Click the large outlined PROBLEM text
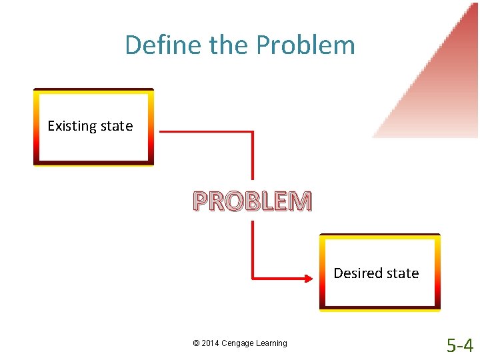tap(252, 201)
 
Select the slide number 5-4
tap(460, 345)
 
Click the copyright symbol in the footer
tap(196, 343)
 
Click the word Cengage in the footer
tap(239, 343)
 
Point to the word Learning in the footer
tap(272, 343)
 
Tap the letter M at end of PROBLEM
tap(300, 201)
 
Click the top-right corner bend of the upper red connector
tap(253, 132)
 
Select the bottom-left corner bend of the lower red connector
tap(253, 276)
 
